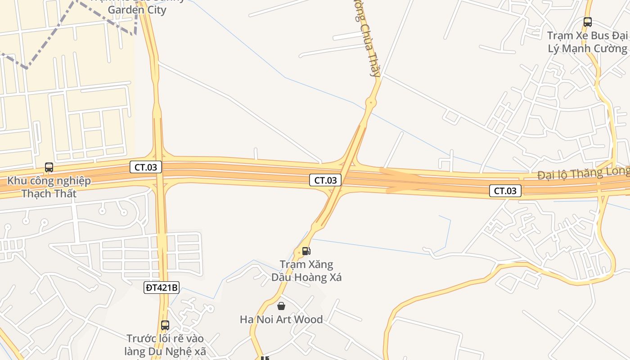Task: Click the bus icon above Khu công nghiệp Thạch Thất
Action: point(49,168)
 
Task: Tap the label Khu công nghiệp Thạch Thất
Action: point(49,187)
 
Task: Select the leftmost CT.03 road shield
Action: point(146,167)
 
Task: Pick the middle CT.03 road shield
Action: point(325,180)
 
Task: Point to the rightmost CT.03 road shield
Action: point(505,191)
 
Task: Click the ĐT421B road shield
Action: point(162,287)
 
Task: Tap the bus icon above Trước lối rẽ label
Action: point(165,325)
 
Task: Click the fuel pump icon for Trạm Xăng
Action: point(306,251)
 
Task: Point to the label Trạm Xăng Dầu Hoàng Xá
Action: point(306,270)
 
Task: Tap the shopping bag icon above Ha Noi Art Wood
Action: point(281,306)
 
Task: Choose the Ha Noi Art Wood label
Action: point(281,319)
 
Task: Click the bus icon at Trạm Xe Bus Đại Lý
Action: point(587,22)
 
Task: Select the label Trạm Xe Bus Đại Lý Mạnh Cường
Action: point(587,42)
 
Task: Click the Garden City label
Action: point(137,9)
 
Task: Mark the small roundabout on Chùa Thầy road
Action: point(371,103)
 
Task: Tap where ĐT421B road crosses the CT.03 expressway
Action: point(157,175)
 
